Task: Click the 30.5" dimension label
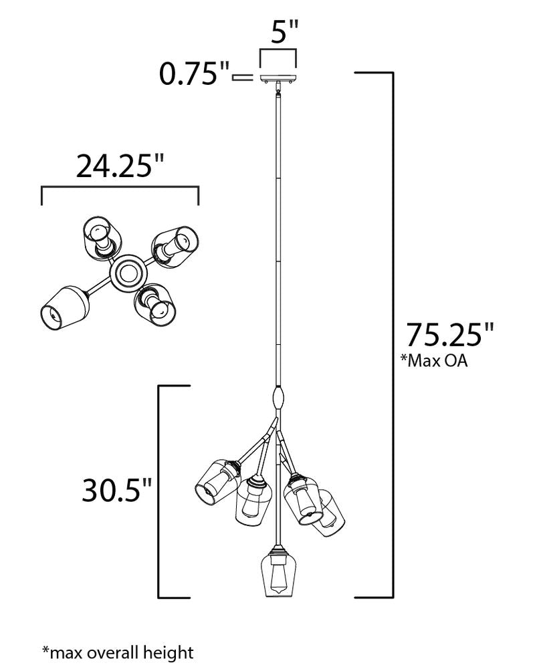[x=116, y=490]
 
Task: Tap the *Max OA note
[x=433, y=361]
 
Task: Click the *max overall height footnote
[x=118, y=652]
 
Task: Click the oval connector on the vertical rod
[x=278, y=398]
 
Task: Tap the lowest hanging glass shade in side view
[x=278, y=574]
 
